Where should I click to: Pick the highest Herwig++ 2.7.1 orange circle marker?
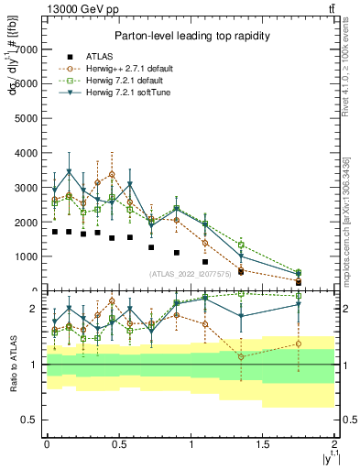(x=112, y=174)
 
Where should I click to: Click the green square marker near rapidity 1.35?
(x=241, y=245)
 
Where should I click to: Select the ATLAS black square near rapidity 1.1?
(x=205, y=262)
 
